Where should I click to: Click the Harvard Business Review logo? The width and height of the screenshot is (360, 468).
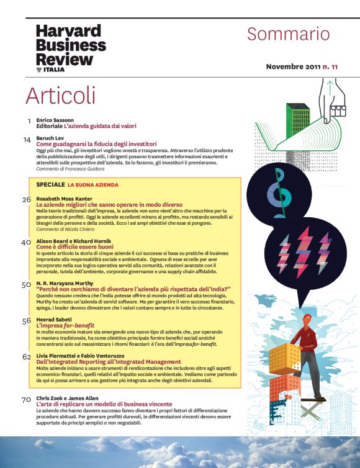point(71,48)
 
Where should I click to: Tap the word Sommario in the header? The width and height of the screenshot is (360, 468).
point(289,34)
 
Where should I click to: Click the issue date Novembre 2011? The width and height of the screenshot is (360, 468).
point(293,66)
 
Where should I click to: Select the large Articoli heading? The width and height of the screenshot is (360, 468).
point(61,96)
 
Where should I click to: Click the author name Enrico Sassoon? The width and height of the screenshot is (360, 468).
point(55,120)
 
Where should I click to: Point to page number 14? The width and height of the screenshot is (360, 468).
point(27,140)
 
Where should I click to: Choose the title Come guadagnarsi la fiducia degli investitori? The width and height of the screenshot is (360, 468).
point(96,144)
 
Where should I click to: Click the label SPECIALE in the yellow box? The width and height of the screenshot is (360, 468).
point(50,184)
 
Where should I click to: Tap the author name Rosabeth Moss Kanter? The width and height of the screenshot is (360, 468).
point(64,199)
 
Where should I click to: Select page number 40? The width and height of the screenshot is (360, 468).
point(26,243)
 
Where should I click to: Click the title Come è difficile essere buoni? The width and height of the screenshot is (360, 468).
point(75,247)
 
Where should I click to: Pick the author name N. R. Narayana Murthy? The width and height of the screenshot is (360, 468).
point(65,283)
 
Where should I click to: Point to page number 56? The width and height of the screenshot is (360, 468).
point(27,321)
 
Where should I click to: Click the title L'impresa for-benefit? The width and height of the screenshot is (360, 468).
point(65,325)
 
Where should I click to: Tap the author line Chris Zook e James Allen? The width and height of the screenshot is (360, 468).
point(67,398)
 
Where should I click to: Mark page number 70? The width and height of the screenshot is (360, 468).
point(26,400)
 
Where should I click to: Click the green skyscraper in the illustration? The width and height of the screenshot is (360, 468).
point(298,120)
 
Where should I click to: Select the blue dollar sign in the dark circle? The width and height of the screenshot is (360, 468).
point(279,192)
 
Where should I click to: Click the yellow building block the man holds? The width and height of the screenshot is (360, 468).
point(285,359)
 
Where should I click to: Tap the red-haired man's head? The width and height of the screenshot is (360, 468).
point(307,320)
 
